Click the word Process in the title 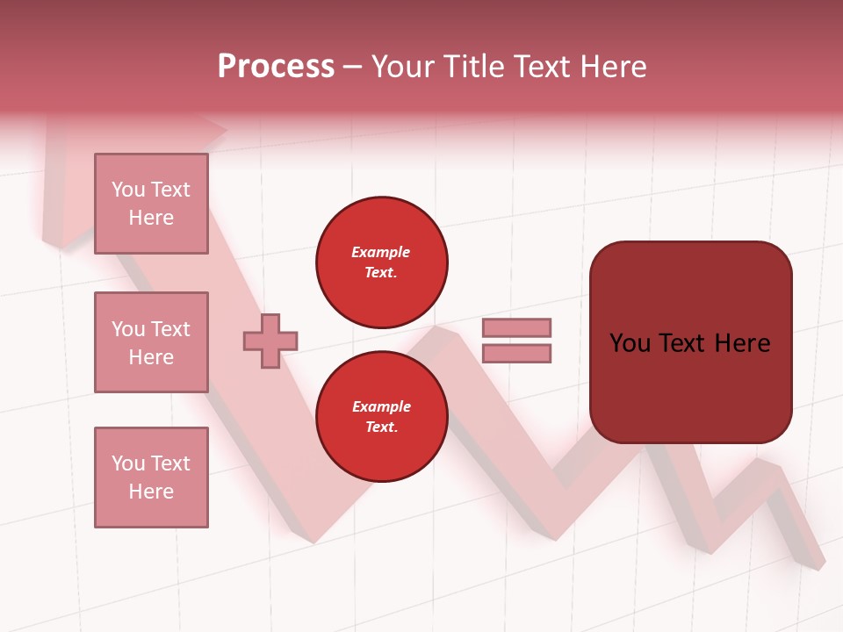click(x=276, y=67)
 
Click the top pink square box click(x=151, y=204)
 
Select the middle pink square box click(x=151, y=342)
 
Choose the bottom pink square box click(x=151, y=478)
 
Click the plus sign click(x=270, y=341)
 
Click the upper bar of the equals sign click(x=516, y=328)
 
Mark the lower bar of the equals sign click(x=516, y=354)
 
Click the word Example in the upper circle click(x=381, y=252)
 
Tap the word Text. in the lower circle click(x=381, y=427)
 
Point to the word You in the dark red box click(x=629, y=343)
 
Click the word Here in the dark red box click(x=742, y=343)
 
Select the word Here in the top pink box click(x=151, y=218)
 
